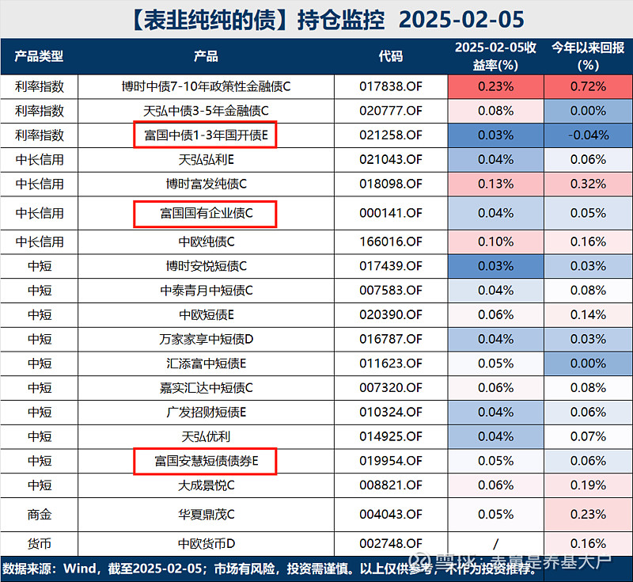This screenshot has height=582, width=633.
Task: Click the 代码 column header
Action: coord(391,56)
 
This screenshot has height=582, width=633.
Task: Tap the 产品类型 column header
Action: coord(40,56)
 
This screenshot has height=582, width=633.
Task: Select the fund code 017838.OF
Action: coord(391,86)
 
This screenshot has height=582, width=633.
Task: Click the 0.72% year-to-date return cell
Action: coord(586,86)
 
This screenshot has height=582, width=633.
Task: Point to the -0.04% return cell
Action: coord(586,135)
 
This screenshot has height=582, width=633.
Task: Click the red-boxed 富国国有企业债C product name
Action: coord(206,214)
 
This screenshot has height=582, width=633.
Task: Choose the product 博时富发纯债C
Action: coord(206,184)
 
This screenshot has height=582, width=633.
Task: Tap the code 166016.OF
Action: coord(391,242)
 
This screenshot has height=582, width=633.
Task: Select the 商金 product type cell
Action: coord(40,514)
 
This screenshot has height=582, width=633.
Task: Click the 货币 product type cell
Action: coord(40,544)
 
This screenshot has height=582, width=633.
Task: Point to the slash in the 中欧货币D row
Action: coord(496,544)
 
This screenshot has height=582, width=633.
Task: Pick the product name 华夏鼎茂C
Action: coord(206,514)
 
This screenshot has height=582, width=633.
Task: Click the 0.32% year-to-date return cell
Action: coord(586,184)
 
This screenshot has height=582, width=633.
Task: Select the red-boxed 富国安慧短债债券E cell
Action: coord(206,461)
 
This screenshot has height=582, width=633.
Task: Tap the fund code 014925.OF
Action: coord(391,436)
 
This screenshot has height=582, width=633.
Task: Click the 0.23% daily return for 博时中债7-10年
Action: coord(496,86)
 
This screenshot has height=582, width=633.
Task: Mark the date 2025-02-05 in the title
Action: coord(461,19)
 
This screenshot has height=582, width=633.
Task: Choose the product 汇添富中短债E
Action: coord(206,363)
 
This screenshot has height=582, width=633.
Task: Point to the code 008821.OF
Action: coord(391,485)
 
